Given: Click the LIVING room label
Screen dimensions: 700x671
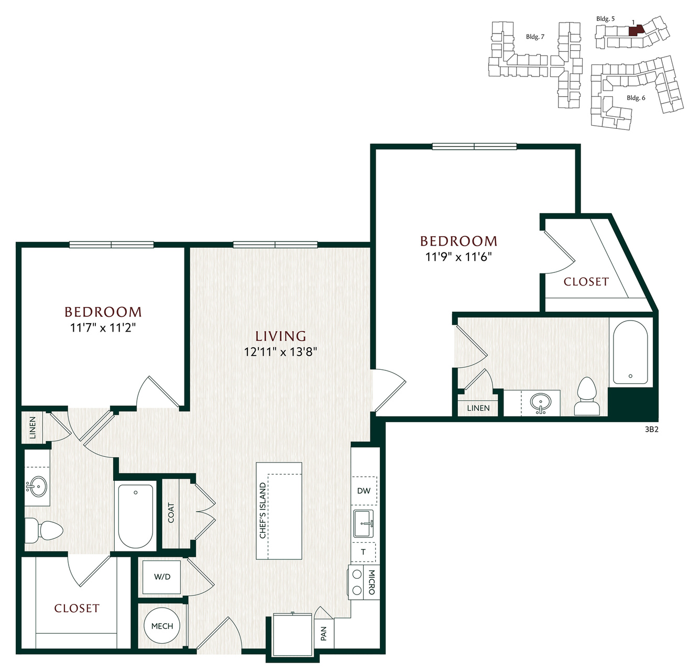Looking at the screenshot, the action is click(x=280, y=336).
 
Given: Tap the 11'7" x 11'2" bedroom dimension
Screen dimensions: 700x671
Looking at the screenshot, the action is click(x=103, y=327).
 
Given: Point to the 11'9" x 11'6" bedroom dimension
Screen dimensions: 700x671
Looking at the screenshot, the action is click(x=458, y=257).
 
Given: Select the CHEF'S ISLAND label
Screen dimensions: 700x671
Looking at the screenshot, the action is click(x=262, y=511).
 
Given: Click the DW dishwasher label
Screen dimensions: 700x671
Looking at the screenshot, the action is click(x=364, y=491).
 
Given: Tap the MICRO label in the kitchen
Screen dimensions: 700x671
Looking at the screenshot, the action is click(x=371, y=582).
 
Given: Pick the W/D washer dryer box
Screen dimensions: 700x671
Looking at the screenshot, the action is click(x=162, y=577).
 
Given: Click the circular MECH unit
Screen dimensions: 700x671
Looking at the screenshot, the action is click(x=162, y=626).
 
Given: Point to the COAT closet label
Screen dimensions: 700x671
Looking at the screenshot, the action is click(x=171, y=513).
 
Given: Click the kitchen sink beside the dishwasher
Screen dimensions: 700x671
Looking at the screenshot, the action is click(x=363, y=523).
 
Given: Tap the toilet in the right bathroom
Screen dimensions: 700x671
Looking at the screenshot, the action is click(x=587, y=397).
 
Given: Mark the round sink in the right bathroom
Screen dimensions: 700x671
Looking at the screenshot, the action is click(x=541, y=403).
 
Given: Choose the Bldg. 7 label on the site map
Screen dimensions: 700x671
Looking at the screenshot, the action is click(x=535, y=37).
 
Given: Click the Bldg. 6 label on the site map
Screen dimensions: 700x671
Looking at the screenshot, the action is click(x=636, y=98).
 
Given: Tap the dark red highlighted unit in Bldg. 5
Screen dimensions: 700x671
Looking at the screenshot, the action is click(x=636, y=30).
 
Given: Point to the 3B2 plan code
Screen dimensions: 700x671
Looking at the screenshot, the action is click(x=651, y=429).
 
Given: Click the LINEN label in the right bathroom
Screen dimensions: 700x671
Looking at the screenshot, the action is click(x=478, y=408).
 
